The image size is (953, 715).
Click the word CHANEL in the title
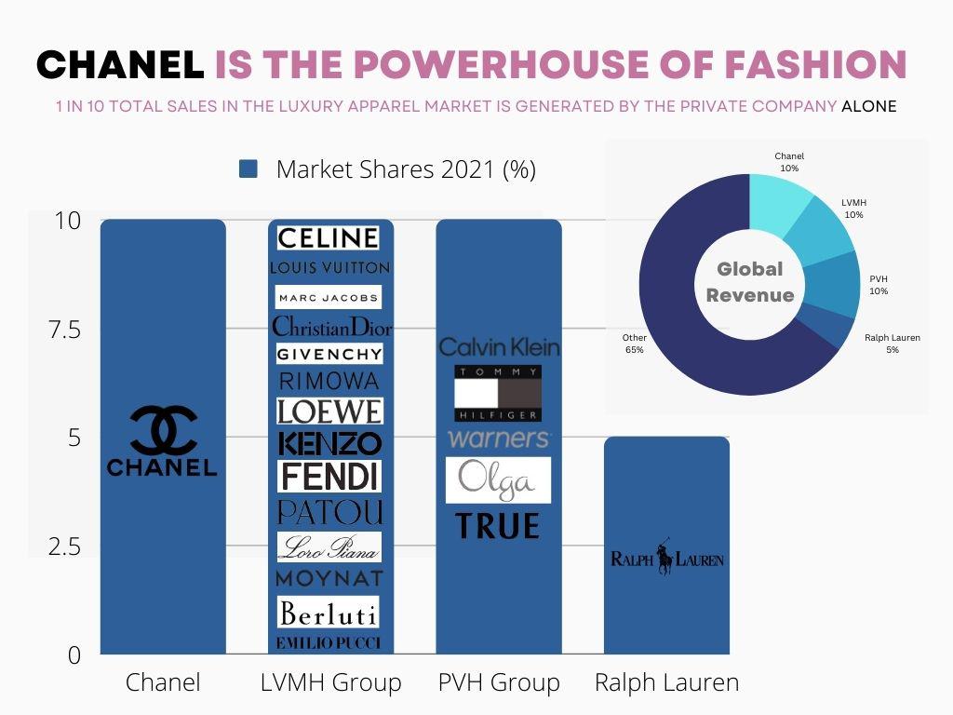120,64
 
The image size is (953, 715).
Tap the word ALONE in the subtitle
868,106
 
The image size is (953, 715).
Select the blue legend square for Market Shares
248,169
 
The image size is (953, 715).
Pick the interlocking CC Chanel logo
163,429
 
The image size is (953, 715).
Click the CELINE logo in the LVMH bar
329,238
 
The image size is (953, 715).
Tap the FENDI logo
329,476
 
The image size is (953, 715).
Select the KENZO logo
329,443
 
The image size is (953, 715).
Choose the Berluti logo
329,612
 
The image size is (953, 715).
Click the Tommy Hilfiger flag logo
498,393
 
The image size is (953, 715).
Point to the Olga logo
498,480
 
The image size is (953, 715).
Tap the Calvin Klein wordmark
499,347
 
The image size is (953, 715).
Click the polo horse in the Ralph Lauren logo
665,558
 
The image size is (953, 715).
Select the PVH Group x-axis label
499,682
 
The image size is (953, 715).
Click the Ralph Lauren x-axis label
666,682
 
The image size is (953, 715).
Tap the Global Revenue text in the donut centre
749,282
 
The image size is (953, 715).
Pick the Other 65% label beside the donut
635,344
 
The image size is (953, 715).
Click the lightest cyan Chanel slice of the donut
781,196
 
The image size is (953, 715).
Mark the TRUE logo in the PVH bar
498,527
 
